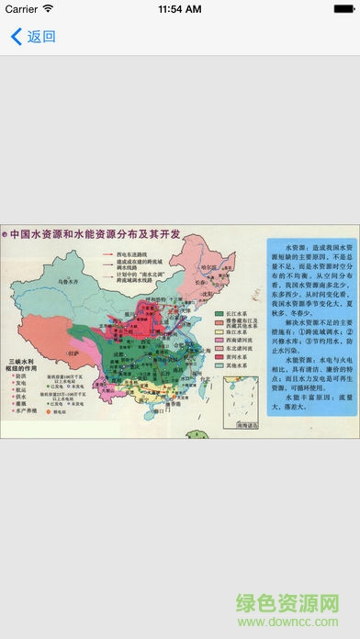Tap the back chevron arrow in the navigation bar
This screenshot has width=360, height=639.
15,38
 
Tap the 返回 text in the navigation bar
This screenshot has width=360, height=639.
41,38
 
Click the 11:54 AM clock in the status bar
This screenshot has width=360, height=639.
180,9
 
